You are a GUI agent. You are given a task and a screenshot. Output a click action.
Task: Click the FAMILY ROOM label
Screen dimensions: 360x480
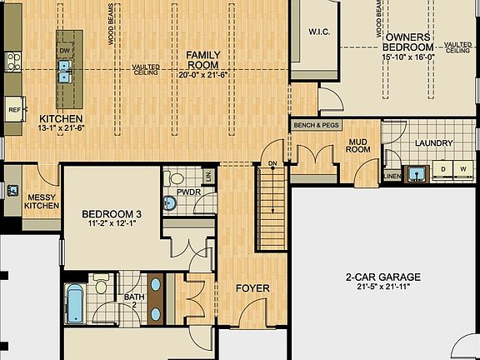[202, 59]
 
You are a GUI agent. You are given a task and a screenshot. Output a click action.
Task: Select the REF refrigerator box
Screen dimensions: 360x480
[14, 109]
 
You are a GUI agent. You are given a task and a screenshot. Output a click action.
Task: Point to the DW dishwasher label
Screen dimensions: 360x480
[64, 50]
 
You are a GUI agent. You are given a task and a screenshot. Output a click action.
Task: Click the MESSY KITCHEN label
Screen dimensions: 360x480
[41, 199]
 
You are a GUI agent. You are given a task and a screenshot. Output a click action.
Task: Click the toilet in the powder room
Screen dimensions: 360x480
[176, 178]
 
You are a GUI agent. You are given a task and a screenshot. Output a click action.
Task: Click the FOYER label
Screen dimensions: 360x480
[252, 288]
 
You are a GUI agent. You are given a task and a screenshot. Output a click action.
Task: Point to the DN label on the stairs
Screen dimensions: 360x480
[272, 163]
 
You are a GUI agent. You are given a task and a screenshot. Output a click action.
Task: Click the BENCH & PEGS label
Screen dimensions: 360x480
[314, 125]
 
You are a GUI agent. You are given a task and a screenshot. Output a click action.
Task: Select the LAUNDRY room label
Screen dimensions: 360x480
[434, 143]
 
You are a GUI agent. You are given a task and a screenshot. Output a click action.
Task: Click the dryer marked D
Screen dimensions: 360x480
[442, 170]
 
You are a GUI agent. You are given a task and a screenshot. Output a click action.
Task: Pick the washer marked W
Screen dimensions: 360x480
[464, 170]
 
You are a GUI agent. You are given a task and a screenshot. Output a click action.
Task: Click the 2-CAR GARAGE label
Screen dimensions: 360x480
[383, 277]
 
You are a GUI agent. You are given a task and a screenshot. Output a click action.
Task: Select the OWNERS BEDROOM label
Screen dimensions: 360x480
[407, 42]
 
